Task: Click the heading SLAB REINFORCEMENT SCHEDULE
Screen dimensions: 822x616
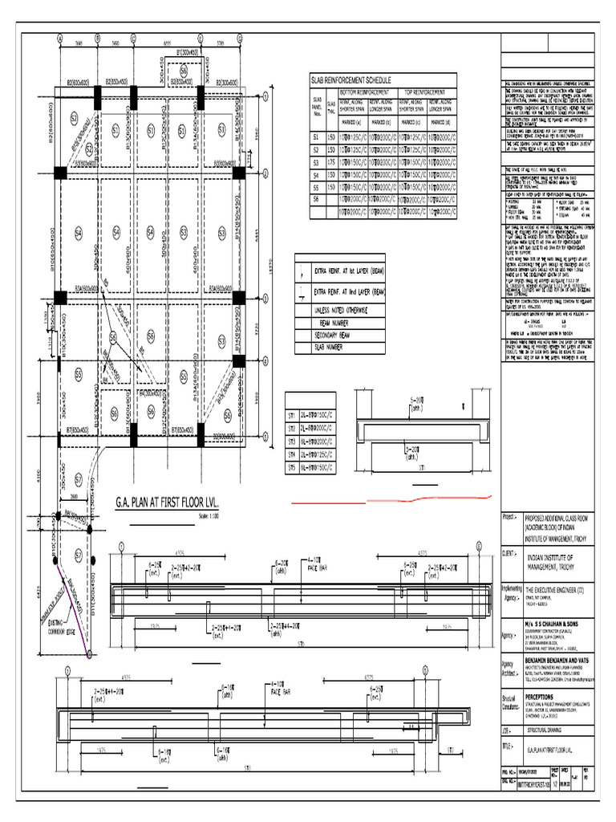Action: [351, 81]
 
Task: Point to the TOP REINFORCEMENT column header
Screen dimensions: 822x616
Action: [428, 92]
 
